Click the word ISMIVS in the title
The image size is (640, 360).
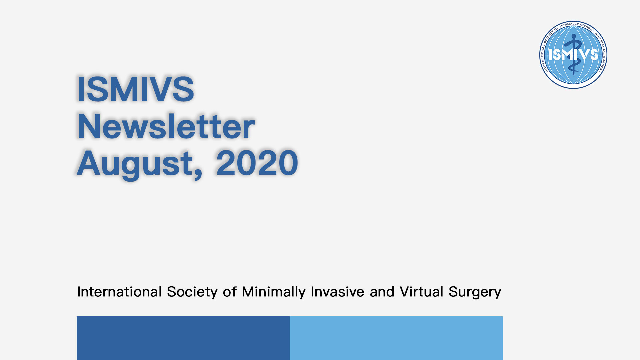(135, 89)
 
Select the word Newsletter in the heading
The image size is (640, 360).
(166, 126)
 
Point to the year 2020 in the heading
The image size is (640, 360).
(257, 163)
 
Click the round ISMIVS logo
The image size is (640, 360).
(573, 55)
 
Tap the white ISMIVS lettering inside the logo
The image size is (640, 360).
(573, 55)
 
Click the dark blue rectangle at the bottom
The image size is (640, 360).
(183, 338)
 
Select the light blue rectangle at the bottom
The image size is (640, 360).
(396, 338)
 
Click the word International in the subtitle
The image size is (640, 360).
(119, 292)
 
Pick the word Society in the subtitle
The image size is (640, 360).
(192, 293)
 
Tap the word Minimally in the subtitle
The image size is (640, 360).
(274, 293)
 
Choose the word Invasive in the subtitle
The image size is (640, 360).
(337, 292)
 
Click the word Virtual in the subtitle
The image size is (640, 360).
(421, 292)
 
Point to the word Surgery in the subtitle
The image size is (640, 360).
(475, 293)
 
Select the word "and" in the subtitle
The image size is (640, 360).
(382, 292)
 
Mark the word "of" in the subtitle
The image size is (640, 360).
(230, 292)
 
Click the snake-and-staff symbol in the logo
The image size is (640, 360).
(574, 55)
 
